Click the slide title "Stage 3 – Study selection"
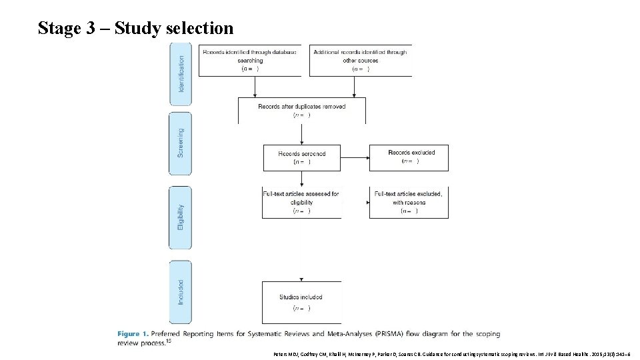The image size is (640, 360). pos(136,28)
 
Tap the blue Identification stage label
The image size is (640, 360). pos(181,74)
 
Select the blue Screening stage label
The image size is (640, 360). pos(181,143)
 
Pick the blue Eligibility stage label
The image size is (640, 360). pos(181,217)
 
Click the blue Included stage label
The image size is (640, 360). pos(181,292)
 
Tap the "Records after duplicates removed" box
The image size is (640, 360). pos(301,111)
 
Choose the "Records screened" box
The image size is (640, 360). pos(303,157)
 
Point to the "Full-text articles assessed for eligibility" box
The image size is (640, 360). pos(301,203)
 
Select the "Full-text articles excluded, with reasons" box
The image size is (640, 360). pos(408,203)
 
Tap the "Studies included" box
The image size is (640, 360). pos(301,302)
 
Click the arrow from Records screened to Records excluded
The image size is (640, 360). pos(355,158)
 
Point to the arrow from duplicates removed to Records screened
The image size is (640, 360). pos(302,134)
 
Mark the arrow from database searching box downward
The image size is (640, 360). pos(251,87)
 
